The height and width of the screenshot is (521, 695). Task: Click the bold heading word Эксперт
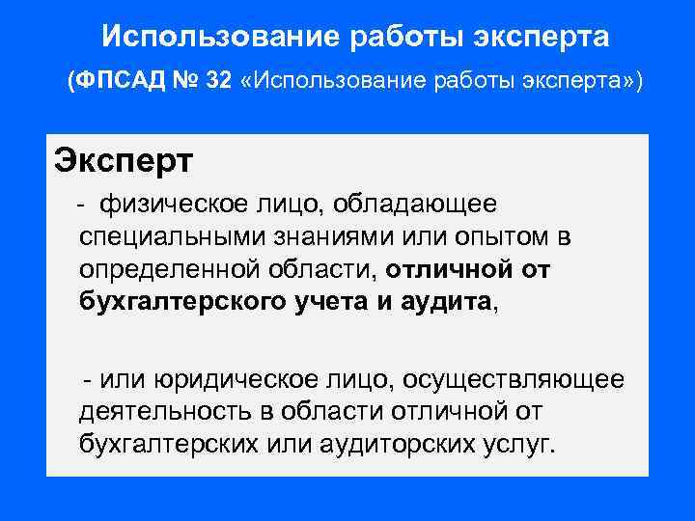click(123, 159)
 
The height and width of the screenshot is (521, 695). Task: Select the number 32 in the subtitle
click(218, 81)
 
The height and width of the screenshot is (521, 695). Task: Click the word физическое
click(172, 205)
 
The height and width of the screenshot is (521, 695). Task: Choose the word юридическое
click(227, 380)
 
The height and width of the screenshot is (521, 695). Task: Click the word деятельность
click(165, 412)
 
